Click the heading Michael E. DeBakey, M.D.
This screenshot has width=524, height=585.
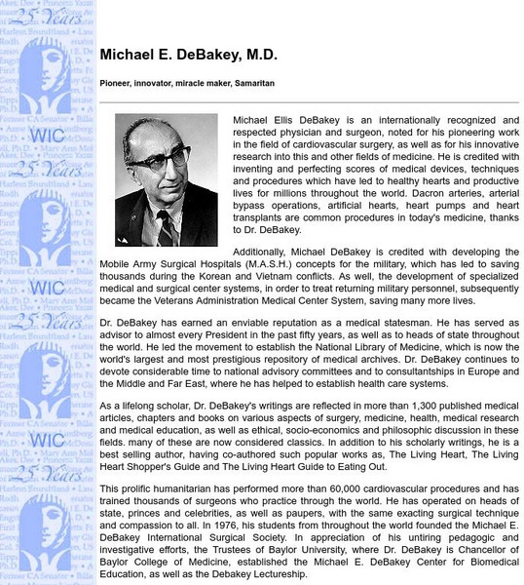[x=188, y=56]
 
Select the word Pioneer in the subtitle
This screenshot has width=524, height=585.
[x=117, y=84]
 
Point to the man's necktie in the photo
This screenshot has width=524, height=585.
[x=165, y=227]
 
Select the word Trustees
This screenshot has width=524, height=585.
[x=251, y=547]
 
